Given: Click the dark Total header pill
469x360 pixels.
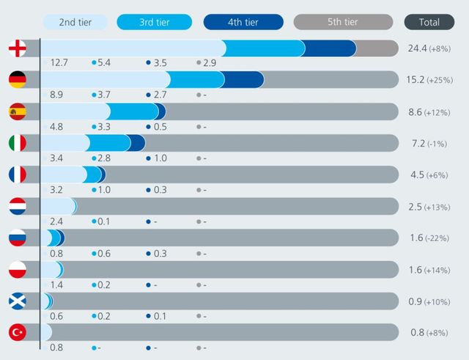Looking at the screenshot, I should click(x=429, y=22).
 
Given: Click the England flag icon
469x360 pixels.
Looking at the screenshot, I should click(x=18, y=48).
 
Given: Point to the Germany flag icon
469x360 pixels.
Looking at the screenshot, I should click(x=18, y=80).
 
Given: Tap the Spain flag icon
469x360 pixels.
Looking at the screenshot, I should click(x=18, y=111).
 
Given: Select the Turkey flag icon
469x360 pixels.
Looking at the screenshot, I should click(x=18, y=332).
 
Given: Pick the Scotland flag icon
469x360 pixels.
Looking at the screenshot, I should click(x=18, y=301).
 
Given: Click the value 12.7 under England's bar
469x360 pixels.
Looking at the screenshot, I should click(x=59, y=63).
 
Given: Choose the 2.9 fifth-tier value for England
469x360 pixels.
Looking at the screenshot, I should click(x=210, y=63).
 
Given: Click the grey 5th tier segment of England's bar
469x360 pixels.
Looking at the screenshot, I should click(x=374, y=48).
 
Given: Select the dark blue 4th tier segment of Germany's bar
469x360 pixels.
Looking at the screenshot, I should click(x=244, y=80).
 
